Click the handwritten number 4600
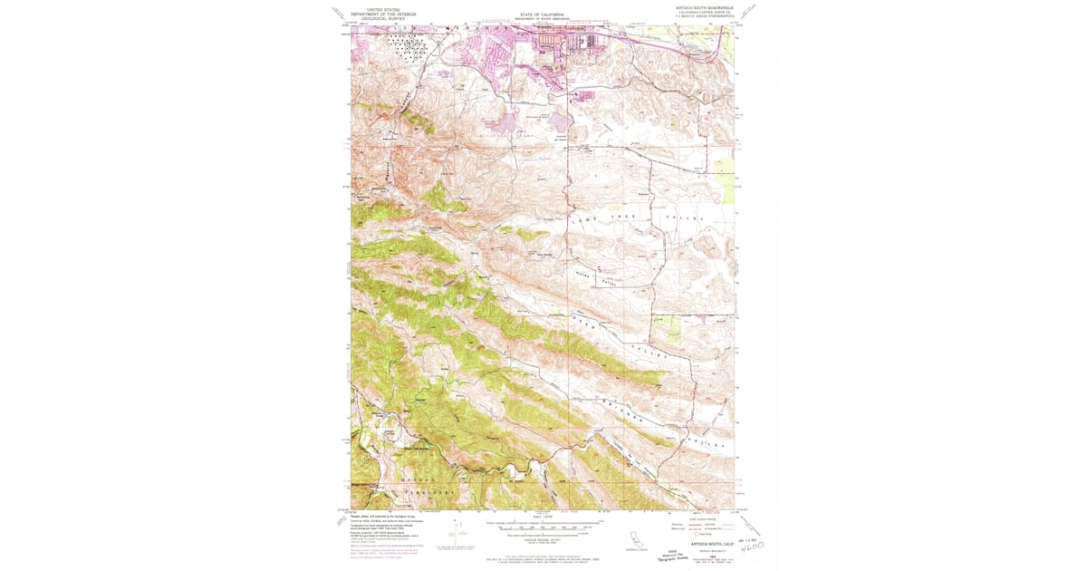coord(752,547)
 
